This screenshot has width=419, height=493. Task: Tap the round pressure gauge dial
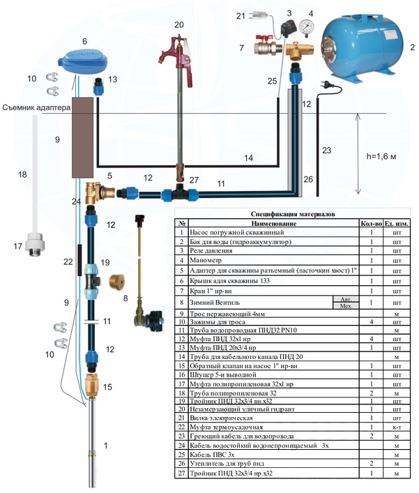(306, 28)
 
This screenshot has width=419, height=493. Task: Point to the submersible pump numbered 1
(96, 446)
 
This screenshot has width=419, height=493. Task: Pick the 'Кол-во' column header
(372, 223)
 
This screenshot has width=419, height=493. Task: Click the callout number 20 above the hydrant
(179, 24)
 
